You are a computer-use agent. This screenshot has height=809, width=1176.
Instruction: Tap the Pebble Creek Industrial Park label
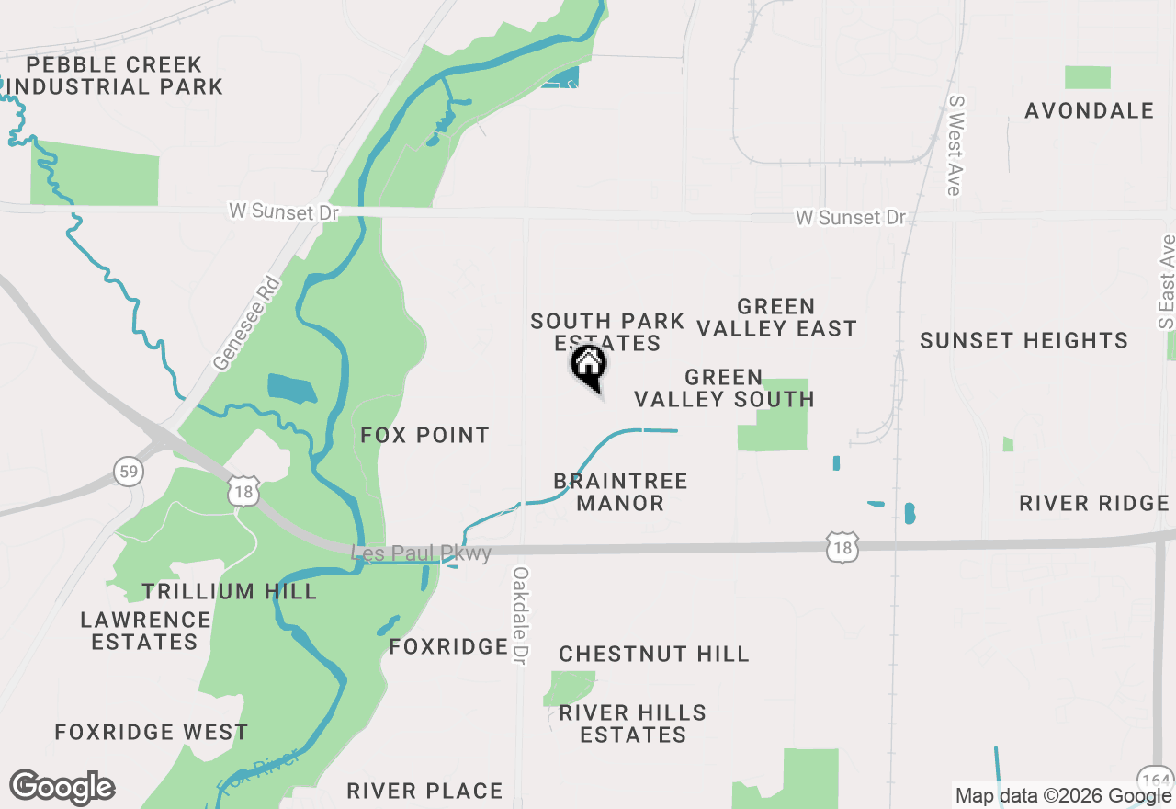(x=114, y=76)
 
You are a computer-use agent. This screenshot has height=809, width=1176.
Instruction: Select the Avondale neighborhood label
(x=1089, y=111)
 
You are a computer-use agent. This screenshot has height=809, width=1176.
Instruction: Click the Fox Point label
(x=424, y=435)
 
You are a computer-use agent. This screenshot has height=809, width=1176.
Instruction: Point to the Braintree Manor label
(x=621, y=492)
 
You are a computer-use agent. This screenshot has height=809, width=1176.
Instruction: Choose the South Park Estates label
(x=607, y=332)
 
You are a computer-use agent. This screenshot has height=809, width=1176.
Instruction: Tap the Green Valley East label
(x=776, y=317)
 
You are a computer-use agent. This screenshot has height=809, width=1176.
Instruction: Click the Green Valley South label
(x=724, y=388)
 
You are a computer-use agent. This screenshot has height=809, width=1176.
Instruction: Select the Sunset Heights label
(x=1023, y=341)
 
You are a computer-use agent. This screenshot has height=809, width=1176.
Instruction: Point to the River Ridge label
(x=1094, y=504)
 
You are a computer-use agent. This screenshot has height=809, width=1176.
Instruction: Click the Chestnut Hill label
(x=654, y=655)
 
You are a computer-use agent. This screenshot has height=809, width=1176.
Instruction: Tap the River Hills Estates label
(x=633, y=724)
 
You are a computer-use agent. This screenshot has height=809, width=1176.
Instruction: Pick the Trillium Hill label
(x=230, y=591)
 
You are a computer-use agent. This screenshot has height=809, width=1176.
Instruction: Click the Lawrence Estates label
(x=145, y=631)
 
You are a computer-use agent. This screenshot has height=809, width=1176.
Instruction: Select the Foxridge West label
(x=152, y=733)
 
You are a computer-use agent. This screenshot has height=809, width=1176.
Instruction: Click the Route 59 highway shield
(x=129, y=473)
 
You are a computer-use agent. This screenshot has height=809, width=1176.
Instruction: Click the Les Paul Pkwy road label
(x=422, y=553)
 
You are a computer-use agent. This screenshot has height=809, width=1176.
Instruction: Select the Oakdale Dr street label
(x=521, y=616)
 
